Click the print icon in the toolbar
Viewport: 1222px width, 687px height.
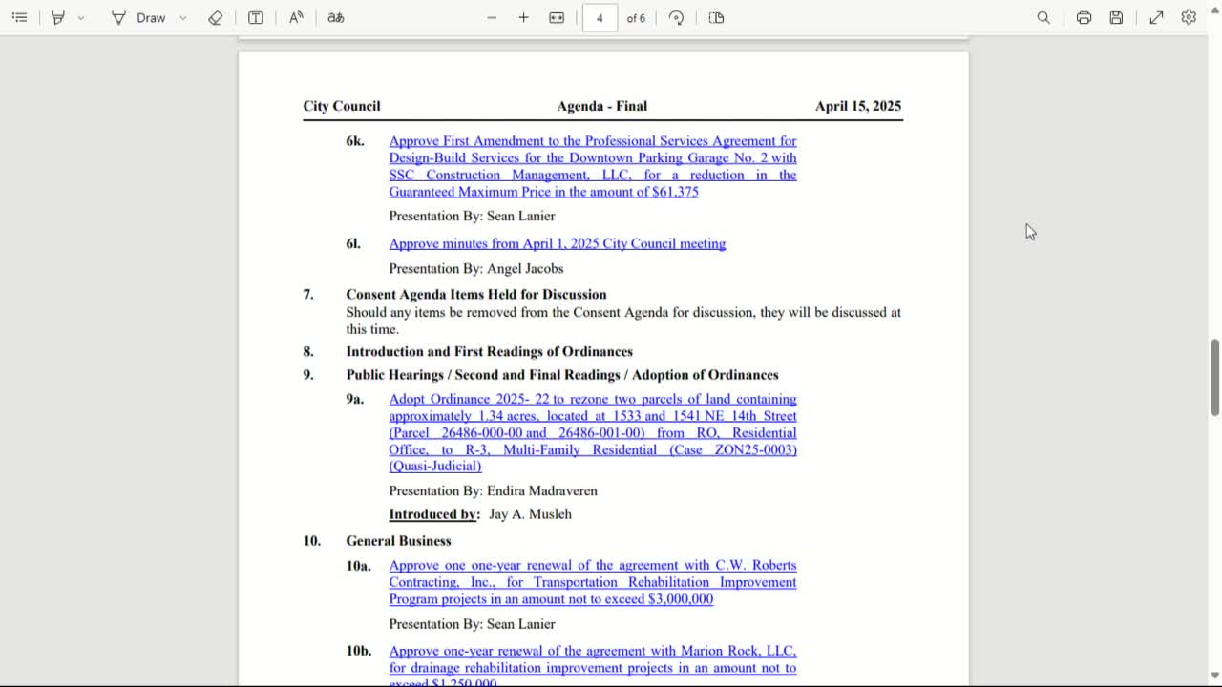(x=1084, y=18)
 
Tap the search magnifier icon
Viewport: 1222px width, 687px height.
(x=1043, y=18)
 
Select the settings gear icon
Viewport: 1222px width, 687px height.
(x=1189, y=18)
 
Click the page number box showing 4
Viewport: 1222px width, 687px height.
(x=600, y=18)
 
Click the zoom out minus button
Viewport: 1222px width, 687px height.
(x=492, y=18)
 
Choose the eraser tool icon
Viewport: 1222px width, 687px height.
(x=216, y=18)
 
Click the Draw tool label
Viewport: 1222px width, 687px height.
(x=151, y=18)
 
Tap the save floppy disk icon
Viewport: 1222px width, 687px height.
(x=1116, y=18)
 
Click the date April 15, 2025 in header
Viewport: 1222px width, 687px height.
(x=857, y=106)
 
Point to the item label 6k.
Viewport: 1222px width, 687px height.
(x=355, y=141)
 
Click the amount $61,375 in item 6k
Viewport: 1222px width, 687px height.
(x=675, y=192)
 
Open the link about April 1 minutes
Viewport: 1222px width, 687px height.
(x=557, y=243)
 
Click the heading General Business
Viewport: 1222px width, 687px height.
(x=398, y=541)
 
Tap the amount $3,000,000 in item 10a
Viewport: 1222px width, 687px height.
(x=680, y=599)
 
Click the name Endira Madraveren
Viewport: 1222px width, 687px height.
(x=541, y=490)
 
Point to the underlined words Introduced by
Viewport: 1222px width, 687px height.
(x=433, y=514)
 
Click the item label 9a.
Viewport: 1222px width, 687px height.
(x=355, y=400)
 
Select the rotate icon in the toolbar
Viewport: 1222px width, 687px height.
(x=676, y=18)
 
